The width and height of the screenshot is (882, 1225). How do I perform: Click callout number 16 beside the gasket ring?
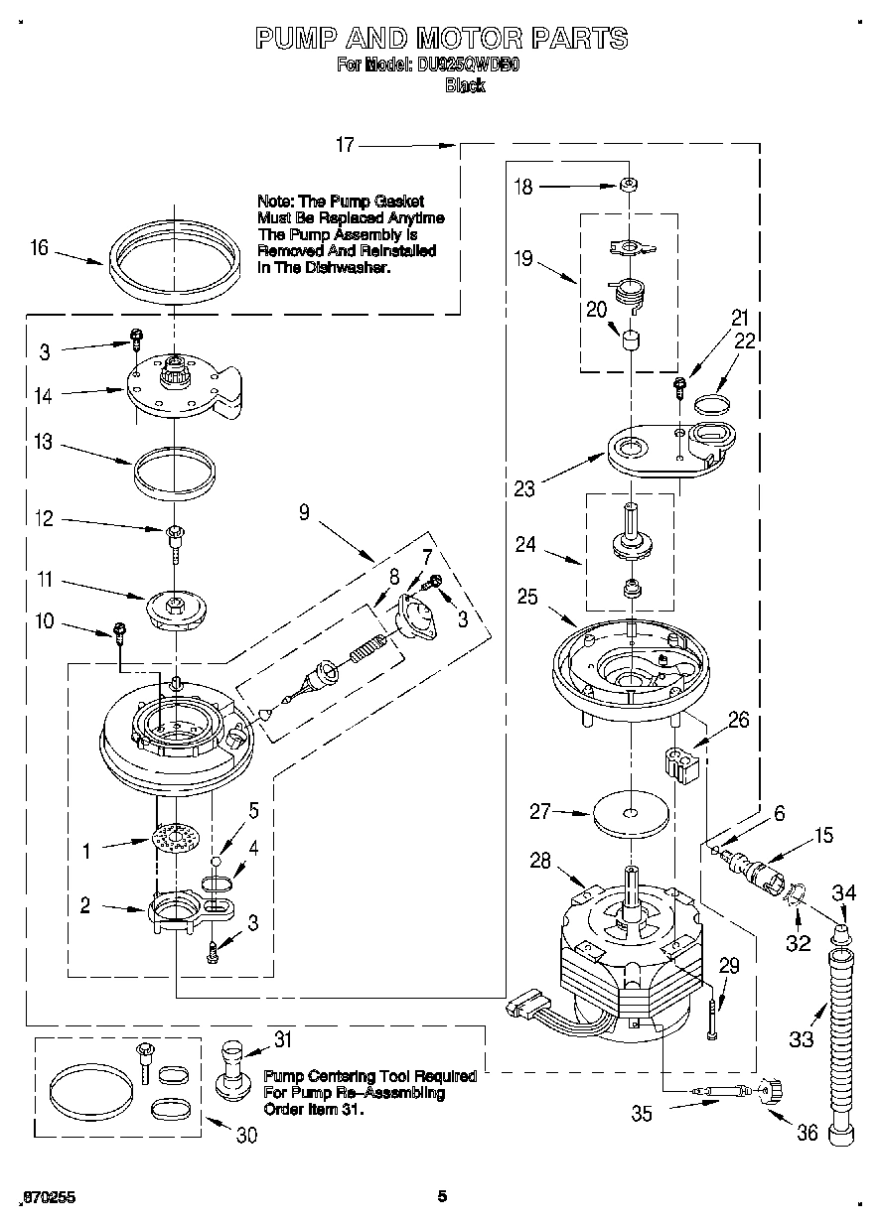click(39, 247)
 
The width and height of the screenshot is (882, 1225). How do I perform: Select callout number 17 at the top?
click(345, 145)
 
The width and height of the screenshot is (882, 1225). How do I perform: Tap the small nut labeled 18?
click(627, 185)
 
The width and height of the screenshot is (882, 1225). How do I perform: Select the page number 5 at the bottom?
click(442, 1196)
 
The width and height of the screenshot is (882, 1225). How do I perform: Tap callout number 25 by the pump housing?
click(527, 596)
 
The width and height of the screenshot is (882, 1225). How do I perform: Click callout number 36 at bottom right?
click(808, 1131)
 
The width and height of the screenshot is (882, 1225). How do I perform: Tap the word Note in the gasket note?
click(275, 202)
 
